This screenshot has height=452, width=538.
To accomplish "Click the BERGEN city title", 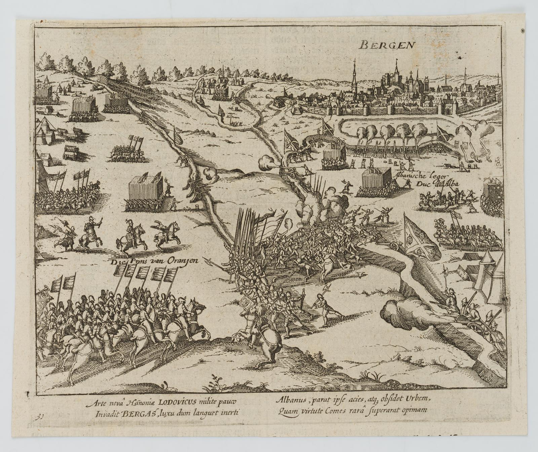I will click(387, 45).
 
